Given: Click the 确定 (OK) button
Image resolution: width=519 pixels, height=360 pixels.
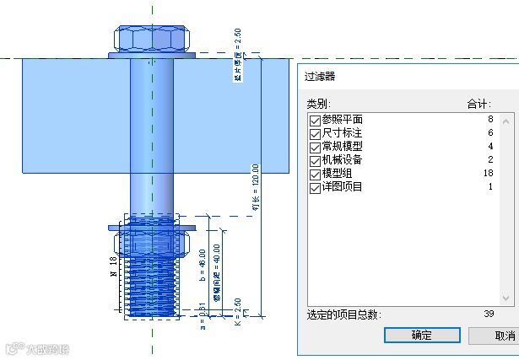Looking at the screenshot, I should pyautogui.click(x=422, y=335).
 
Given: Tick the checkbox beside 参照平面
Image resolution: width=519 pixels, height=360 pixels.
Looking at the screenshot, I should pyautogui.click(x=316, y=121).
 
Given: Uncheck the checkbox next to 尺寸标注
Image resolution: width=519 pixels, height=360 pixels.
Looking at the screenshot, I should pyautogui.click(x=316, y=133).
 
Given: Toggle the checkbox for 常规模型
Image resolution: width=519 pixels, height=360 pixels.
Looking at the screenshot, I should pyautogui.click(x=316, y=147).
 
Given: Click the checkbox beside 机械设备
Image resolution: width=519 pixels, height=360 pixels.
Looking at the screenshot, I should pyautogui.click(x=316, y=160).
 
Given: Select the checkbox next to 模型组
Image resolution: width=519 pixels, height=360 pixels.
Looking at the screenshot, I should pyautogui.click(x=316, y=173).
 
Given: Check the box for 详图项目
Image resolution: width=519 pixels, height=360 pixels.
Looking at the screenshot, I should pyautogui.click(x=316, y=186).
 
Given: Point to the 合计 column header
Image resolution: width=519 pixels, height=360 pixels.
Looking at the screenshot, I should pyautogui.click(x=478, y=105).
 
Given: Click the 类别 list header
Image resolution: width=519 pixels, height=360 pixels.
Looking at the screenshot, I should pyautogui.click(x=317, y=105).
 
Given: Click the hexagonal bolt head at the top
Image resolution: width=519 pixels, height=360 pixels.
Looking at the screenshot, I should pyautogui.click(x=153, y=39).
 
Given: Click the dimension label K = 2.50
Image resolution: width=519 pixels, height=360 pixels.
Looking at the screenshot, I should pyautogui.click(x=238, y=310).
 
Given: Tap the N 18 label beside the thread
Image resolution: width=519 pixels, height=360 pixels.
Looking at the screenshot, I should pyautogui.click(x=113, y=267).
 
